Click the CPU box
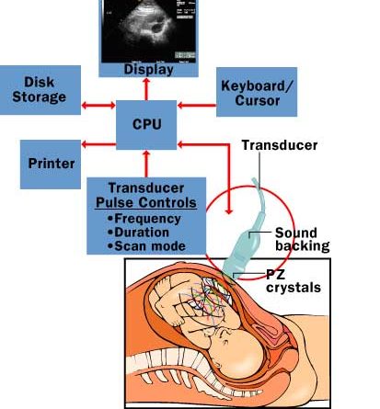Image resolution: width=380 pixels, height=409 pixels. click(x=146, y=125)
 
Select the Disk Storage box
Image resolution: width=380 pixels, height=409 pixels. click(x=40, y=90)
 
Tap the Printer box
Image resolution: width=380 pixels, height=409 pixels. click(x=51, y=165)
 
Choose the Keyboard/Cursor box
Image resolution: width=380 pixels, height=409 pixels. click(x=257, y=92)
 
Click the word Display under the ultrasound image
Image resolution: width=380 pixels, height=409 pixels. click(x=149, y=70)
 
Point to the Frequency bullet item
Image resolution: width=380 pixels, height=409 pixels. click(x=144, y=219)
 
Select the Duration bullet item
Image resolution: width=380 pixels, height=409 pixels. click(x=138, y=233)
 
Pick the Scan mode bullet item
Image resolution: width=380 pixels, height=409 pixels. click(x=146, y=246)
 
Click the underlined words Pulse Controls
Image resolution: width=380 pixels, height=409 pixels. click(x=146, y=202)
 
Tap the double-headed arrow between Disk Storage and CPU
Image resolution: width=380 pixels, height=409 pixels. click(x=98, y=106)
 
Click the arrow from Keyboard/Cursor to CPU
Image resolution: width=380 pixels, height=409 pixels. click(x=197, y=106)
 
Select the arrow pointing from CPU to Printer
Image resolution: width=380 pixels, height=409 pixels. click(x=98, y=144)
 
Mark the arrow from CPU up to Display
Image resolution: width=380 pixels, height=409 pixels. click(x=146, y=89)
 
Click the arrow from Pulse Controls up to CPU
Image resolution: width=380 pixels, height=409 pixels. click(x=146, y=164)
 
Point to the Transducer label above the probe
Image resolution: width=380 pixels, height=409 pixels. click(x=280, y=145)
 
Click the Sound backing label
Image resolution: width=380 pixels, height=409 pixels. click(x=302, y=239)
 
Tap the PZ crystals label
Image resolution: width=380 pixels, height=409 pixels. click(x=294, y=281)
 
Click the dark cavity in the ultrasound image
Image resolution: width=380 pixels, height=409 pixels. click(x=157, y=28)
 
